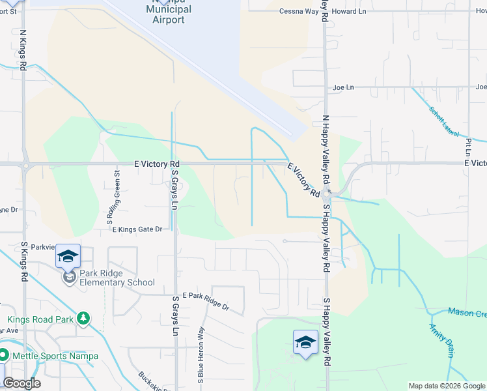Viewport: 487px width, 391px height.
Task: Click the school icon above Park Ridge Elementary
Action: (x=68, y=256)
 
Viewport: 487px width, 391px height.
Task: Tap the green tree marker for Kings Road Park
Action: (x=83, y=319)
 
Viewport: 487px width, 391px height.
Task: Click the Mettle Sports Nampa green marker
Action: (x=3, y=356)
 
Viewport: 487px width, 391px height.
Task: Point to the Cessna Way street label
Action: (x=299, y=12)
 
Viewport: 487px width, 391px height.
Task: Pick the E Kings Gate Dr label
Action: (x=137, y=229)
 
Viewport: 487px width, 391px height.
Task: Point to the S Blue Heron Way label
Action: (x=202, y=355)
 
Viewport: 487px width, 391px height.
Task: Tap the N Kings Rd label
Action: (x=23, y=50)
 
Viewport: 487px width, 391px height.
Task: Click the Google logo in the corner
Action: (x=21, y=383)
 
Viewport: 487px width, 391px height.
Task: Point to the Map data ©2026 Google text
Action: (x=447, y=386)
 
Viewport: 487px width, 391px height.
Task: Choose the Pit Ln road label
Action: (x=469, y=147)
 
